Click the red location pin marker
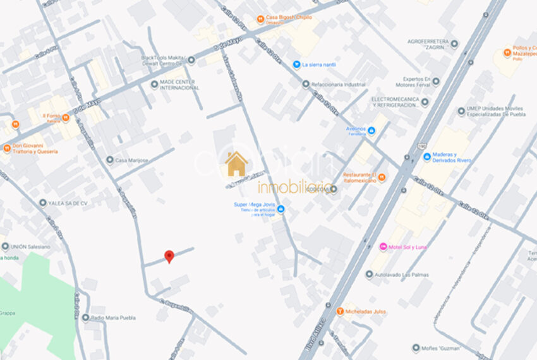pyautogui.click(x=169, y=256)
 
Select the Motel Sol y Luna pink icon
pyautogui.click(x=382, y=246)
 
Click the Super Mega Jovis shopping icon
pyautogui.click(x=281, y=208)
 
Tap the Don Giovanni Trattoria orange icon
pyautogui.click(x=8, y=148)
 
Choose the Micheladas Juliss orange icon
pyautogui.click(x=340, y=311)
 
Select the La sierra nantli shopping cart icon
pyautogui.click(x=296, y=64)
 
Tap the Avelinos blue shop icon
pyautogui.click(x=371, y=131)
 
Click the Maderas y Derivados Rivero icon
pyautogui.click(x=427, y=157)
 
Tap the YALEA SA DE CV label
pyautogui.click(x=66, y=203)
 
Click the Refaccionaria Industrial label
pyautogui.click(x=338, y=84)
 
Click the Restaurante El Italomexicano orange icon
pyautogui.click(x=381, y=177)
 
